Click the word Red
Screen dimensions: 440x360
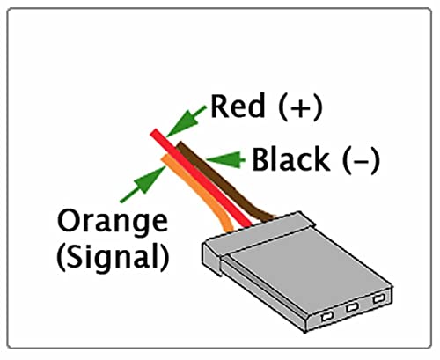(238, 106)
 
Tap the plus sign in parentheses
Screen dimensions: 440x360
(301, 108)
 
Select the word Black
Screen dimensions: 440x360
(290, 159)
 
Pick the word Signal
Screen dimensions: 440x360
(113, 257)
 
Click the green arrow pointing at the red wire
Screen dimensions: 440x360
(186, 121)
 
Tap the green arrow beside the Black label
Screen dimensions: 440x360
(225, 159)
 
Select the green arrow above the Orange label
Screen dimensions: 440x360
(143, 184)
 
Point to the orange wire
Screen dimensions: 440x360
(200, 191)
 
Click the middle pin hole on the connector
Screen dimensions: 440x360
(352, 308)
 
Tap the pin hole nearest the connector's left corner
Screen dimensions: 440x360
(326, 317)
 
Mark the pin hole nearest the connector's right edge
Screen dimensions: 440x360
(378, 299)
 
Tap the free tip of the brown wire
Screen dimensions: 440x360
(179, 144)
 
